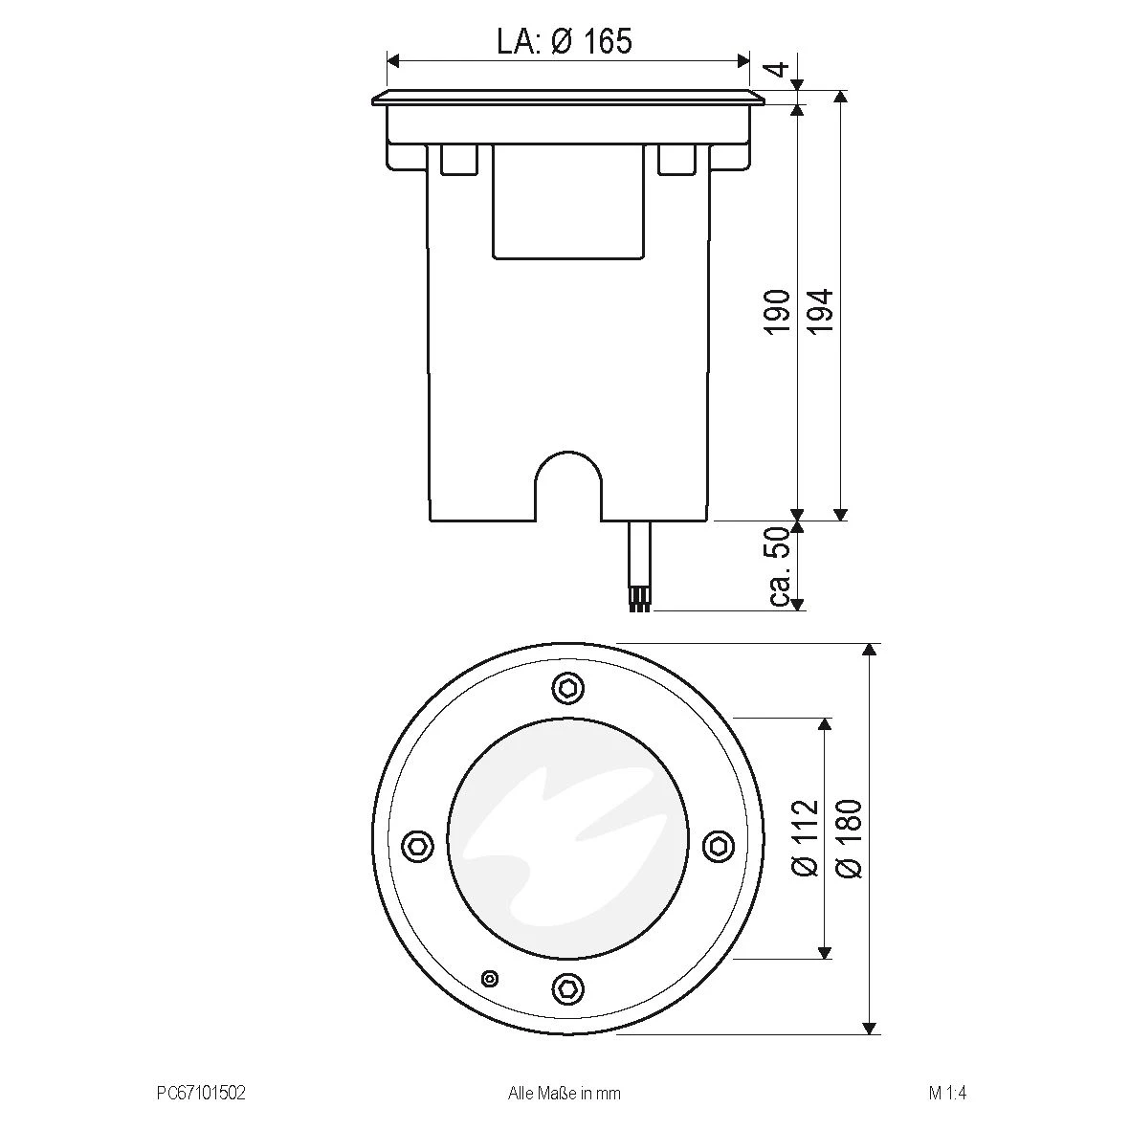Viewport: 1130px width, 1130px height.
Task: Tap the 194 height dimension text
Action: [821, 311]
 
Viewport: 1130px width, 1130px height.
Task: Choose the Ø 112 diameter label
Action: [807, 837]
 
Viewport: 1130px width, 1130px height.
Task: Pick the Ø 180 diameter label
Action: [849, 837]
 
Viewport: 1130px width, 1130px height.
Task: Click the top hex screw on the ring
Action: [566, 688]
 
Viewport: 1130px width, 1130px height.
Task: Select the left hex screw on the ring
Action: [416, 845]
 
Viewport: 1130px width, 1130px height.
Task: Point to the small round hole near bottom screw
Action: [490, 978]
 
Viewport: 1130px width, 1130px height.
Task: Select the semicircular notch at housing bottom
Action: [567, 483]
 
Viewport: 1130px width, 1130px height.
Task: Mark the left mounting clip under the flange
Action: [458, 160]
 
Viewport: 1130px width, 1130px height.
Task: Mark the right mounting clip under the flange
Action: [676, 160]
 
